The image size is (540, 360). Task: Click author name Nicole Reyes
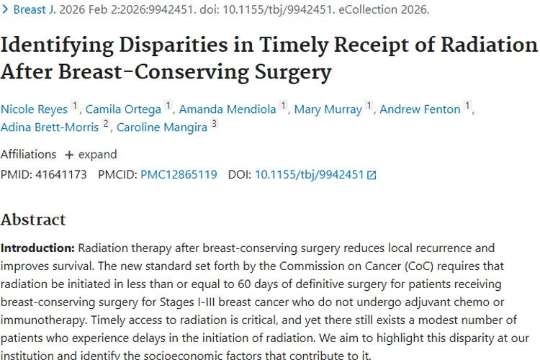tap(34, 109)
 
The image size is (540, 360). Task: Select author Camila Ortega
tap(123, 109)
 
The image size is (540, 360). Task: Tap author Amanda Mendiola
tap(228, 109)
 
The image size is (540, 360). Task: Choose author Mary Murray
tap(328, 109)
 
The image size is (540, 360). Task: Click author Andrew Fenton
tap(420, 109)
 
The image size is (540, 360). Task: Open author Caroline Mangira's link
tap(162, 128)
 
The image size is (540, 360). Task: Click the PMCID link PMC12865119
tap(179, 174)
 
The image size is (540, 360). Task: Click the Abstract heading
tap(33, 220)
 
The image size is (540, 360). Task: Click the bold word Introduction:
tap(37, 248)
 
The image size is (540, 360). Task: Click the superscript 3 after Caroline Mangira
tap(214, 125)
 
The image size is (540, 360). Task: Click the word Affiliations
tap(28, 155)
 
